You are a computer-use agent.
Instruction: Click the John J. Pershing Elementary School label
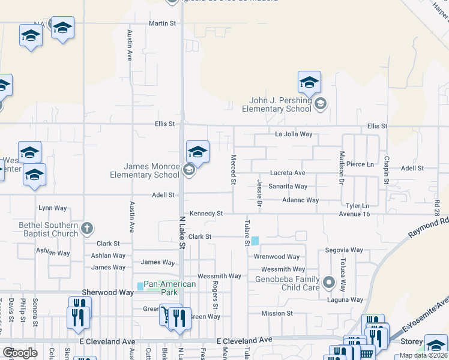(x=276, y=105)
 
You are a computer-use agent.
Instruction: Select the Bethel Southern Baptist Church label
(x=48, y=229)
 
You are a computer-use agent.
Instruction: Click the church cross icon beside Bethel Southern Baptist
(x=87, y=228)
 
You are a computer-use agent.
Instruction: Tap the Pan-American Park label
(x=170, y=288)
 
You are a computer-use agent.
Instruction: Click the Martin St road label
(x=163, y=23)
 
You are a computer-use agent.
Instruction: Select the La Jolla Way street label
(x=294, y=134)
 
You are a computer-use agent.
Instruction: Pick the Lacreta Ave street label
(x=288, y=173)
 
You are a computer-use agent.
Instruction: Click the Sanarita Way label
(x=288, y=187)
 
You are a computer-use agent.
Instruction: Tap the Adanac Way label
(x=300, y=200)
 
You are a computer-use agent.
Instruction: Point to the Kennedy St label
(x=206, y=214)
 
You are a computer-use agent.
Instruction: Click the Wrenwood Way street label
(x=277, y=257)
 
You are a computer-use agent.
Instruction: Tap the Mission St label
(x=277, y=313)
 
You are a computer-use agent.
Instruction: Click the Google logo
(x=20, y=353)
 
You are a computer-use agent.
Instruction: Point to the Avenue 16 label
(x=354, y=214)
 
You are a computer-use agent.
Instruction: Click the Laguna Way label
(x=345, y=299)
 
